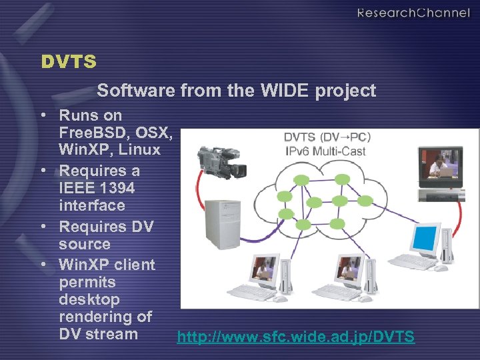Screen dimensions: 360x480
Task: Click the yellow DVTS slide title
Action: pos(69,62)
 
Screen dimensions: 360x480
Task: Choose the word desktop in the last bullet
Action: pos(89,299)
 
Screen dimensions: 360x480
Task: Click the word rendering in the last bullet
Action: pos(97,317)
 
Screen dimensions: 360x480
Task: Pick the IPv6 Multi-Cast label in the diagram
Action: pos(325,151)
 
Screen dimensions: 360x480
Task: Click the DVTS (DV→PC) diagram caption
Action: pos(327,137)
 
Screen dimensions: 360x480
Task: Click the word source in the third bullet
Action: pos(85,244)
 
